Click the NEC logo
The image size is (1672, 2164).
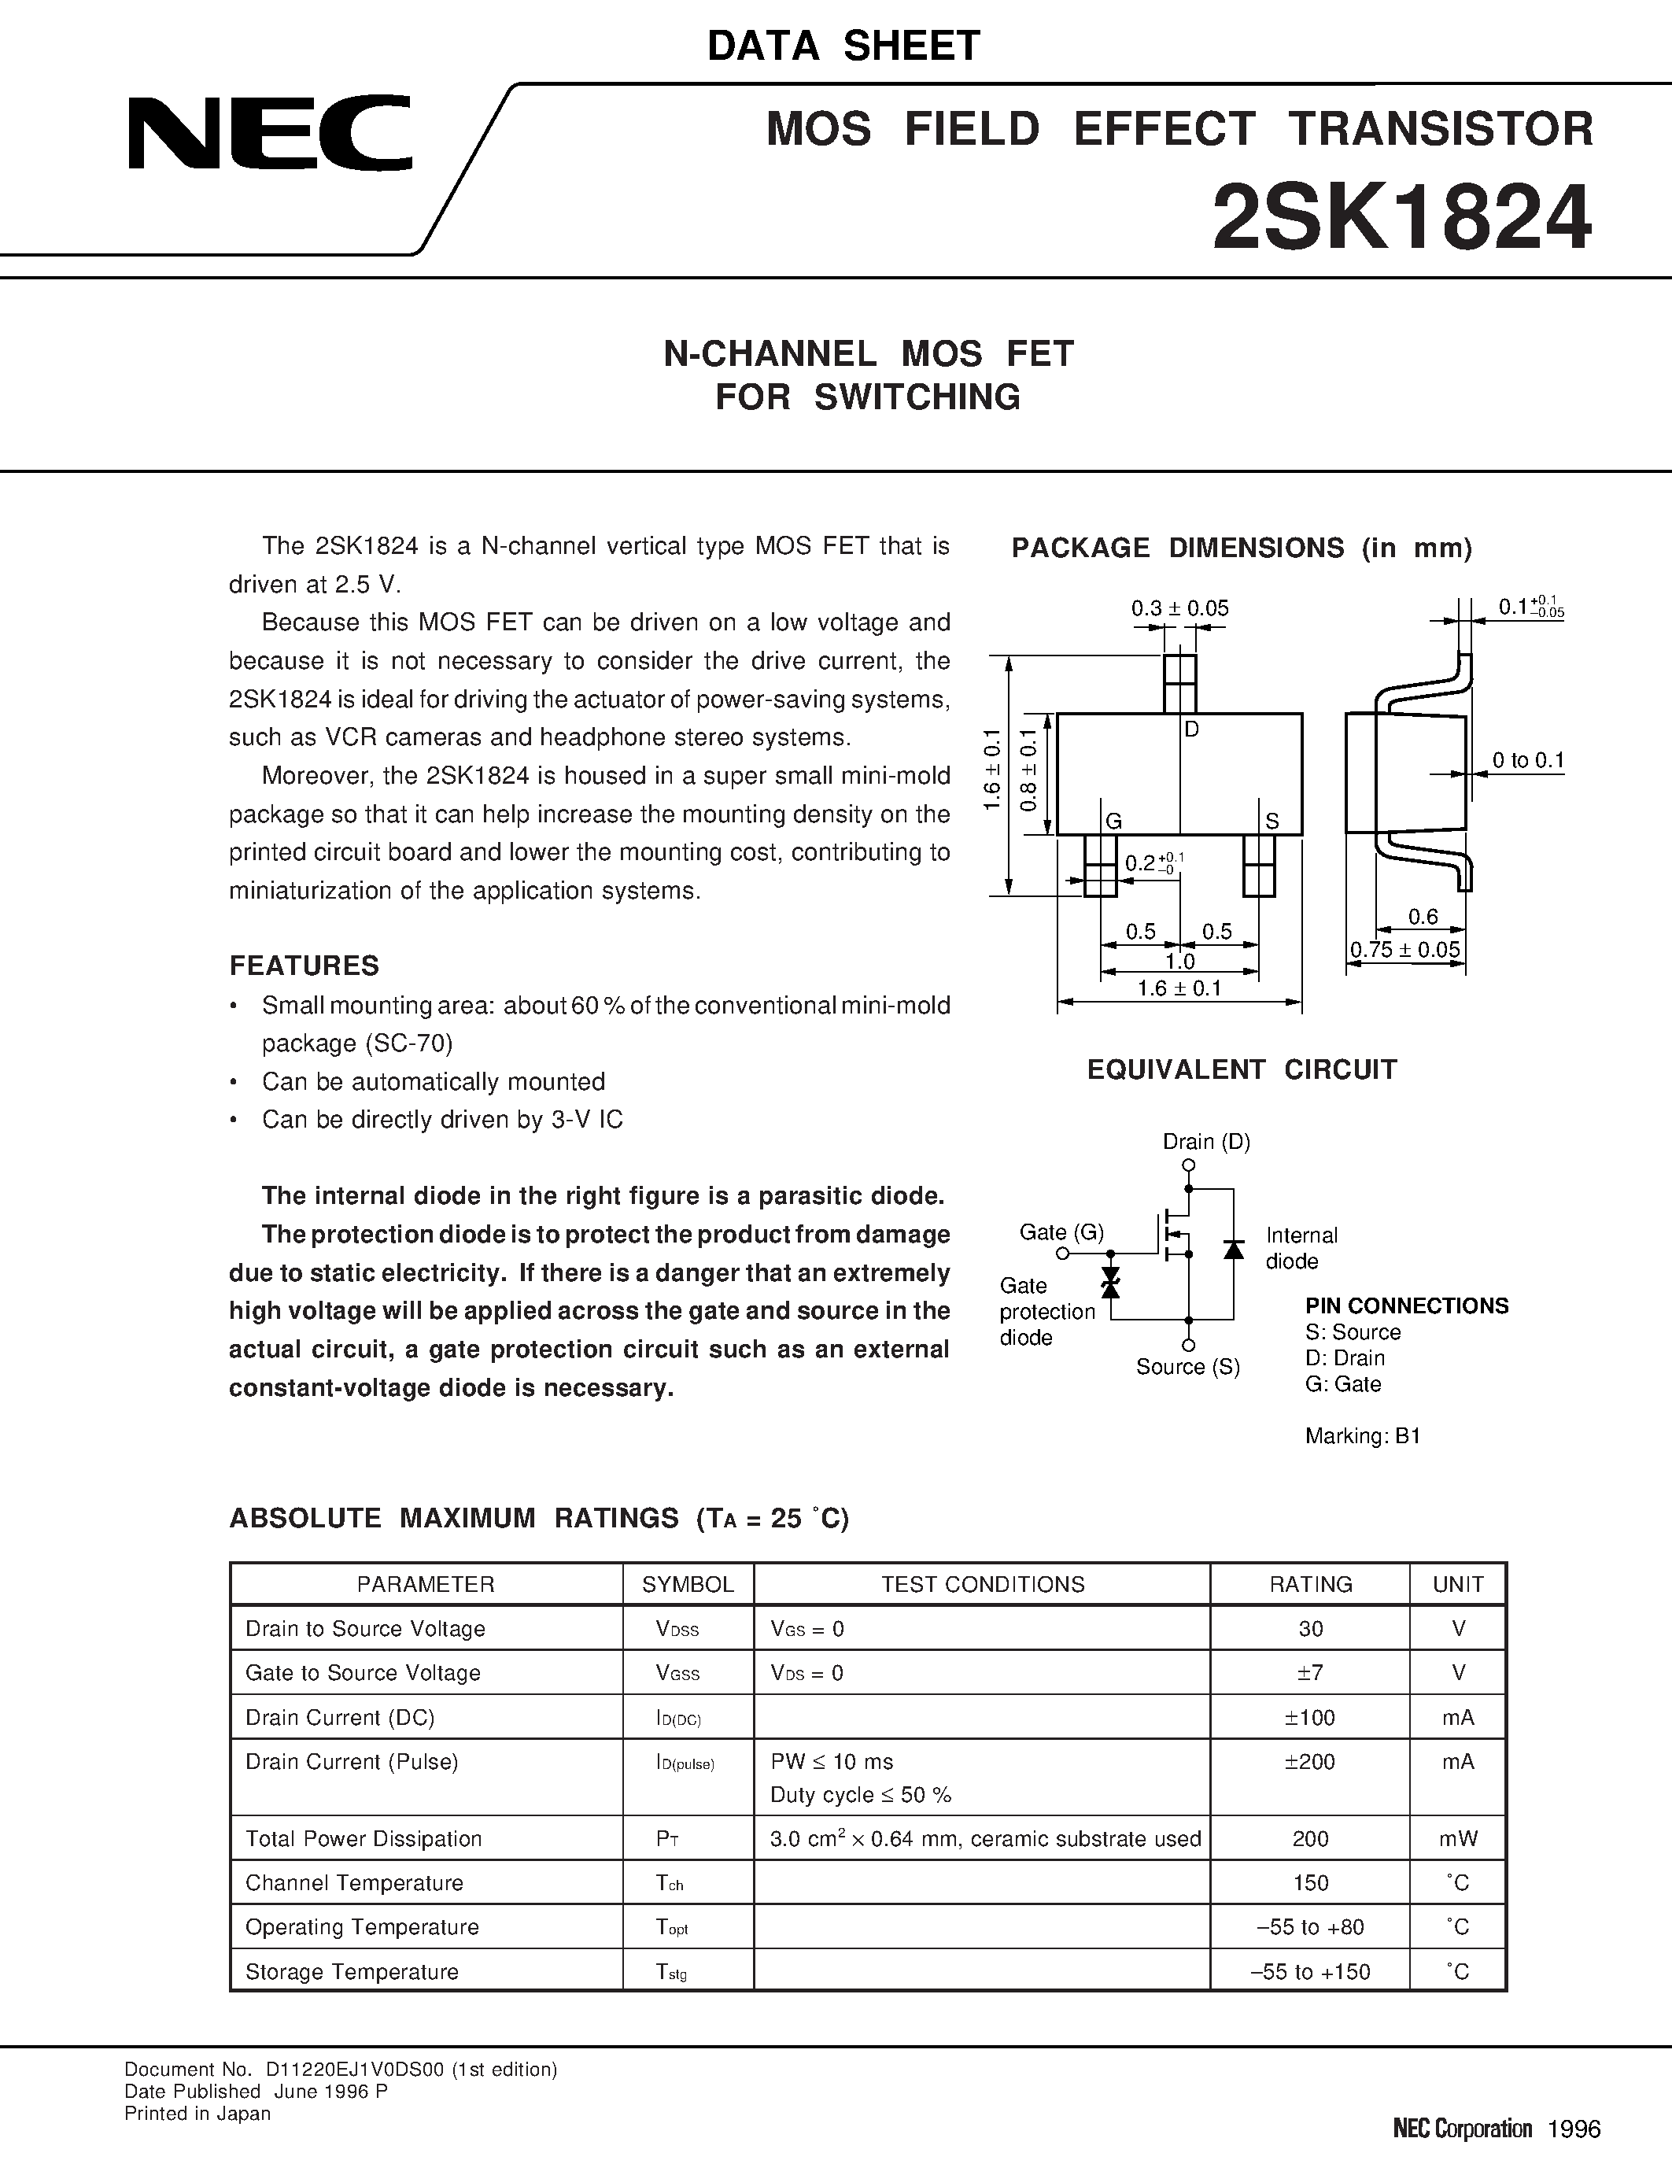pos(269,133)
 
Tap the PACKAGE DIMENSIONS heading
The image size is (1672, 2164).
pos(1241,548)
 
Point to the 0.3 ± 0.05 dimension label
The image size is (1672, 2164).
pos(1179,608)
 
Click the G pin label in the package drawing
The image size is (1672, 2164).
pos(1114,822)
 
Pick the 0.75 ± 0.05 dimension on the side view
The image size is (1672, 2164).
pos(1404,949)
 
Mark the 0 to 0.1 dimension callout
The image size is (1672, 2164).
pos(1527,761)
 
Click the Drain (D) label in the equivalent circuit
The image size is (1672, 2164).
pos(1206,1142)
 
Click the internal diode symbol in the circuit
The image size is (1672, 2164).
pos(1233,1250)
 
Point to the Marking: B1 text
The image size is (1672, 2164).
pos(1362,1436)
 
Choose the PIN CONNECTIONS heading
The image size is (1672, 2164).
pos(1407,1306)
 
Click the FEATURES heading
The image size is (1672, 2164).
pos(304,966)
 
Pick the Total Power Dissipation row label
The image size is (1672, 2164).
pos(364,1839)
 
